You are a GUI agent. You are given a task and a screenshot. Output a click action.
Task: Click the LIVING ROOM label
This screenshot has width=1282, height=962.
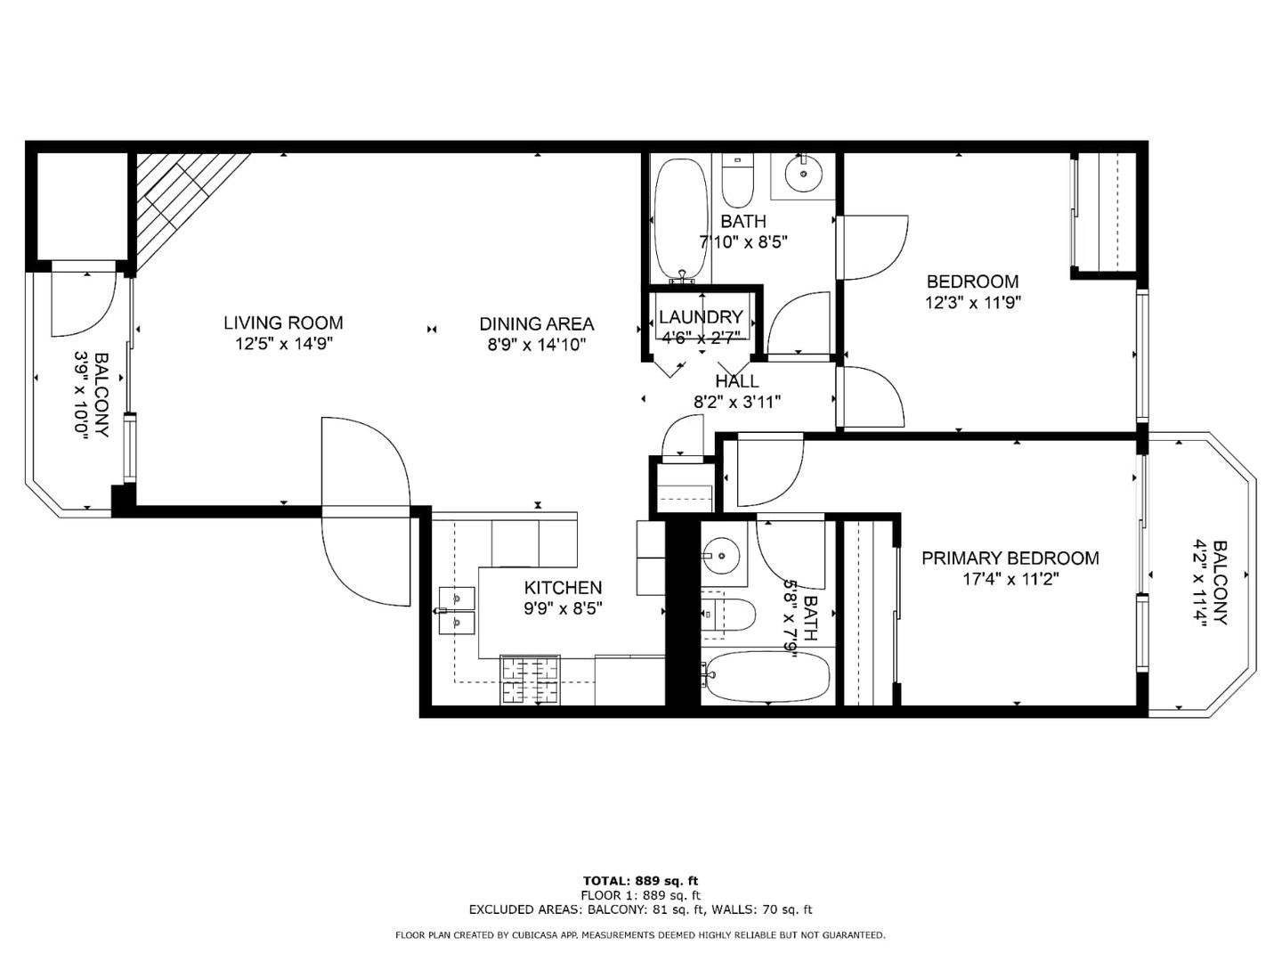(x=283, y=323)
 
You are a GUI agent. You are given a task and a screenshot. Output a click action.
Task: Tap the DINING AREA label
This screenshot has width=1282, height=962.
(x=536, y=324)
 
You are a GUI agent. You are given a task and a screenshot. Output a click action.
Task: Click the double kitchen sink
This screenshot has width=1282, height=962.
(x=457, y=610)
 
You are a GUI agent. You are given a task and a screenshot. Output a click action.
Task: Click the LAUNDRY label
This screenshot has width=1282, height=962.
(x=701, y=317)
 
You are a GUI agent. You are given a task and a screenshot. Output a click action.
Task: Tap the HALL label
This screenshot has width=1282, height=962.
(x=737, y=381)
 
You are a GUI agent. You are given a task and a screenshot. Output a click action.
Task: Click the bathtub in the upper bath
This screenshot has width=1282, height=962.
(x=681, y=219)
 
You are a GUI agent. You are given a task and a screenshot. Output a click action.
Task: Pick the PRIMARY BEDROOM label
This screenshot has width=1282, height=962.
(x=1010, y=558)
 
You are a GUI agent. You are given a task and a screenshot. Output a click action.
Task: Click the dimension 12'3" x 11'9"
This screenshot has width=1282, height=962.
(x=972, y=303)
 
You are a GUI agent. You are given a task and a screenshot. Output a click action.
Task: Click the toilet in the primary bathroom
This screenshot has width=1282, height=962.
(x=727, y=615)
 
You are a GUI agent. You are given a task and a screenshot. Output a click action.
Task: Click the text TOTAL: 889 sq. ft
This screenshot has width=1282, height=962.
(x=640, y=881)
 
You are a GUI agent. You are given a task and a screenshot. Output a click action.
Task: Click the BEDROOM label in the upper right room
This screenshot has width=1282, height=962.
(x=972, y=281)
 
